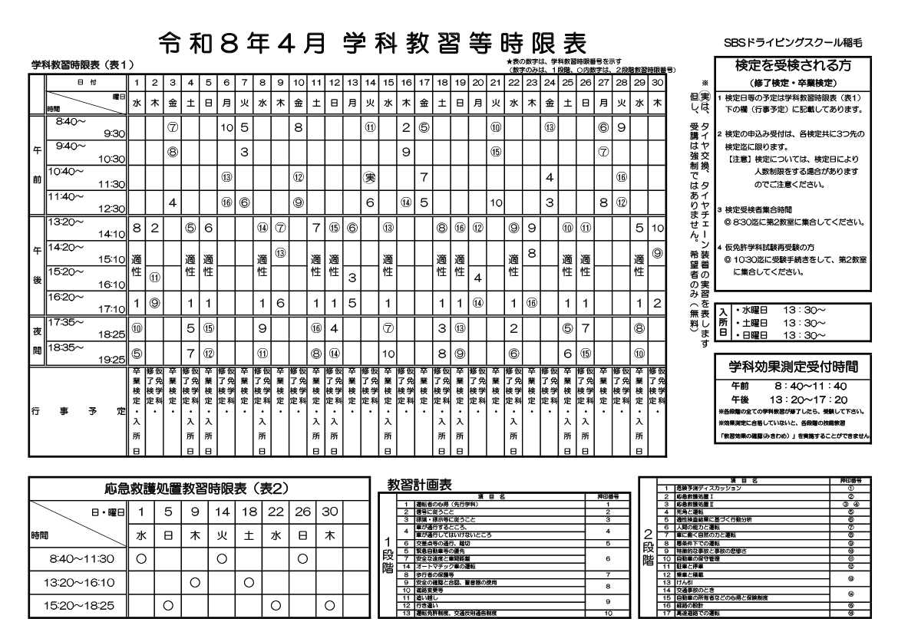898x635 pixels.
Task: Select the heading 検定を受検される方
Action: [x=793, y=67]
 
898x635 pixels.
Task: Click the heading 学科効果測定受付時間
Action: [x=793, y=362]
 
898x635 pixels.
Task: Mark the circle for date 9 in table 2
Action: [x=195, y=582]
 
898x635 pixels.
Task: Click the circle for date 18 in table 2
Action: [x=249, y=582]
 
